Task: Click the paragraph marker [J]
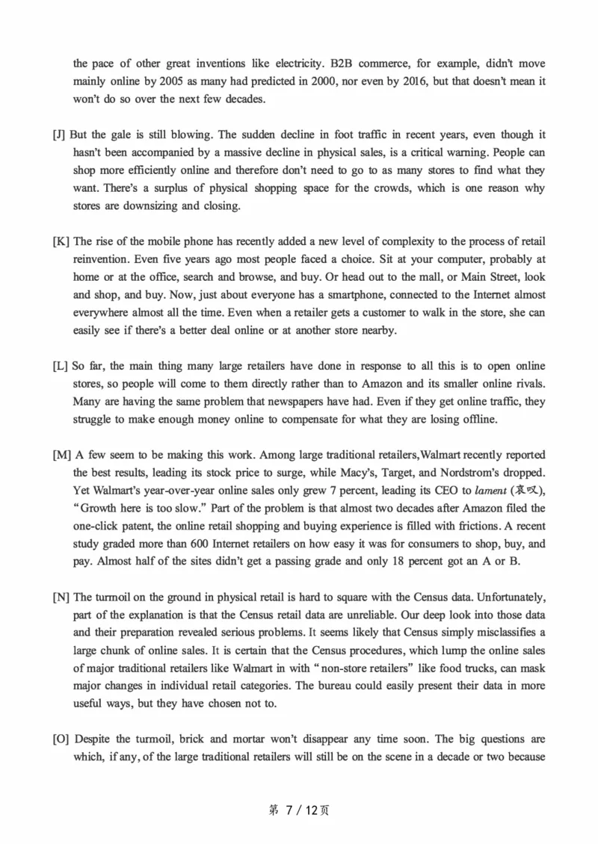[59, 135]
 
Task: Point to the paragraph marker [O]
[61, 739]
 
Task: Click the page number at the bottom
[298, 810]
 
